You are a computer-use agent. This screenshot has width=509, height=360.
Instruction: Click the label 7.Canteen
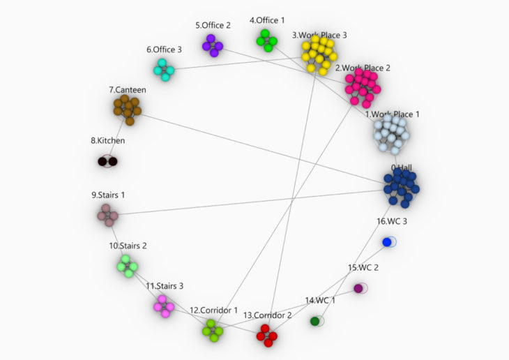click(x=128, y=90)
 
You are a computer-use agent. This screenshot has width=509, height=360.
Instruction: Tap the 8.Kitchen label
click(x=107, y=140)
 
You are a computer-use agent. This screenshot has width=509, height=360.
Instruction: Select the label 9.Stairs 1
click(x=108, y=195)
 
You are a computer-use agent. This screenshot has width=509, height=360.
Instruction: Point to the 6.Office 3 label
click(x=164, y=50)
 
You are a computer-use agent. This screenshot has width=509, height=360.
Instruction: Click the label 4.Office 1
click(x=267, y=21)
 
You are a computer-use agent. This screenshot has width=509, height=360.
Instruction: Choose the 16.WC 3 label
click(x=391, y=221)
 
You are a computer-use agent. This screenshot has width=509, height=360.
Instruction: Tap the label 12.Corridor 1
click(x=213, y=310)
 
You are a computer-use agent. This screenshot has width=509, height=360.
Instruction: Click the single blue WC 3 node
click(x=387, y=242)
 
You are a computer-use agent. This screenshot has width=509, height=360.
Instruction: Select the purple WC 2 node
click(x=358, y=288)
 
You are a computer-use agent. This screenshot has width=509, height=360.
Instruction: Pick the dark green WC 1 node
click(x=315, y=321)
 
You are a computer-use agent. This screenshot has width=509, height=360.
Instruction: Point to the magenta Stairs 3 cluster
click(x=164, y=306)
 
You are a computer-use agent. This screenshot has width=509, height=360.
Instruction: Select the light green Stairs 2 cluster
click(x=127, y=266)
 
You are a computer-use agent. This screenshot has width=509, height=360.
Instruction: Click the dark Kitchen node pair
click(x=107, y=162)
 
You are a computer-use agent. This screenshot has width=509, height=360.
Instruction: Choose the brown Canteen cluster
click(x=126, y=110)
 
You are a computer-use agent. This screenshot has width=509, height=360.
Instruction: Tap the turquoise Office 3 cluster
click(x=164, y=69)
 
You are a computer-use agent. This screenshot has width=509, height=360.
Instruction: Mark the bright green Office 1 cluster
click(x=266, y=40)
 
